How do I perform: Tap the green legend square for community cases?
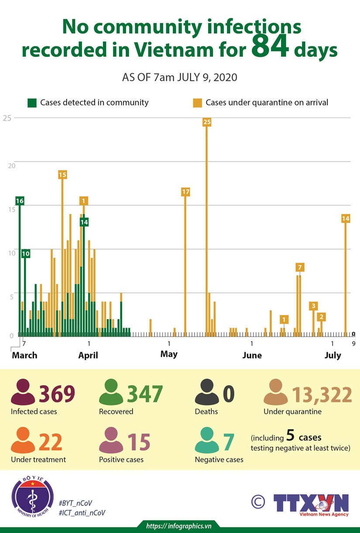pos(32,103)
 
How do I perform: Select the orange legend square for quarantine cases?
pos(198,103)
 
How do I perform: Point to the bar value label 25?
pos(207,122)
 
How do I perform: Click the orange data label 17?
pos(185,192)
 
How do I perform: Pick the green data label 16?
pos(19,201)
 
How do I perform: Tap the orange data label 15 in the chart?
pos(62,175)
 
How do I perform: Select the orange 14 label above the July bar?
pos(346,218)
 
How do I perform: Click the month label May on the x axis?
pos(169,354)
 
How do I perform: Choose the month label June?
pos(252,355)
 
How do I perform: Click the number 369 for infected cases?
pos(57,394)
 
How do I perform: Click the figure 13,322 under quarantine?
pos(322,395)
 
